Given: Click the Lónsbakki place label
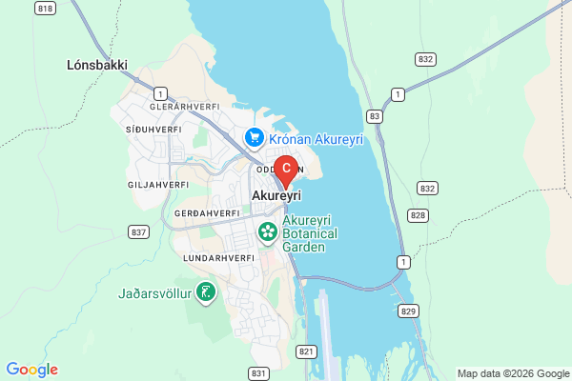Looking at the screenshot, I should coord(97,66).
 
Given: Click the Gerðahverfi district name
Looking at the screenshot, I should coord(206,212).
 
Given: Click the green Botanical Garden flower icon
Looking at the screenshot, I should coord(268,231).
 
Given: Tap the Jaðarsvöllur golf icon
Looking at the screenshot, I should coord(204,292).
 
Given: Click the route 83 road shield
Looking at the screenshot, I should coord(374,116).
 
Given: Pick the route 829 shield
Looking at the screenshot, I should coord(409,311).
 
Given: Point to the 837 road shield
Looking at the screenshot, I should coord(139,231).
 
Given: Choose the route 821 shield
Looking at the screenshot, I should coord(306,351).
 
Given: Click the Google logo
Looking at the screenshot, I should coord(32,370).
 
